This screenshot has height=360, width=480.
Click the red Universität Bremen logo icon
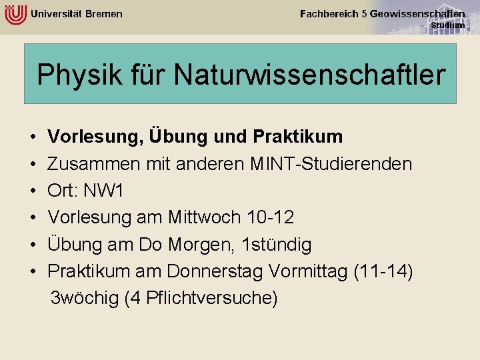click(15, 13)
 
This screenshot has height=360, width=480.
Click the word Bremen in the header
click(104, 14)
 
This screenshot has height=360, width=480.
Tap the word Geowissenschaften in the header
click(417, 13)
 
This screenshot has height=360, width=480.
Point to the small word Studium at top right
click(447, 25)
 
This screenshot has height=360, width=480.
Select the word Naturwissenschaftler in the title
click(309, 75)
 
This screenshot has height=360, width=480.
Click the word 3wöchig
click(85, 298)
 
